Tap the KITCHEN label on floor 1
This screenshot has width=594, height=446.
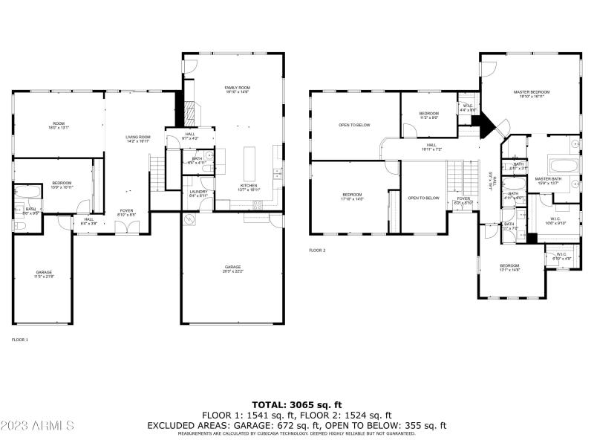pyautogui.click(x=248, y=187)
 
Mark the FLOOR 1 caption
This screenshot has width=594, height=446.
pyautogui.click(x=19, y=339)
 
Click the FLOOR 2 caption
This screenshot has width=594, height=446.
pyautogui.click(x=317, y=251)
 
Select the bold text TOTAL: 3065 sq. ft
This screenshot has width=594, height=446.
pyautogui.click(x=296, y=404)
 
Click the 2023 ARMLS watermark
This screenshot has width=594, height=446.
pyautogui.click(x=38, y=426)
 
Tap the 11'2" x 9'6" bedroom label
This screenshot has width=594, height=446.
pyautogui.click(x=429, y=115)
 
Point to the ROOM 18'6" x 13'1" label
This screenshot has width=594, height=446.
pyautogui.click(x=59, y=126)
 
